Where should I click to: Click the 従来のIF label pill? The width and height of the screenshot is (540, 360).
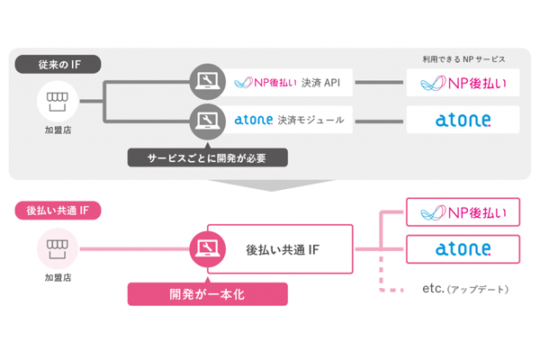pos(57,65)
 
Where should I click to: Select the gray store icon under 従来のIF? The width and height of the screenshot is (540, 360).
pos(56,100)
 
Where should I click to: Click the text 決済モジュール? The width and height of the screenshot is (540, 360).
pos(313,119)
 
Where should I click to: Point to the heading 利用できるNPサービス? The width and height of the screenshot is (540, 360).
pos(463,59)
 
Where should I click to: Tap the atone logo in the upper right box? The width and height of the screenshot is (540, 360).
pos(463,119)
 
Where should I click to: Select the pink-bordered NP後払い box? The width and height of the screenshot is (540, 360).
pos(463,213)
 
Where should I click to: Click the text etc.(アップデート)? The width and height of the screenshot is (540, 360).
pos(464,289)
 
